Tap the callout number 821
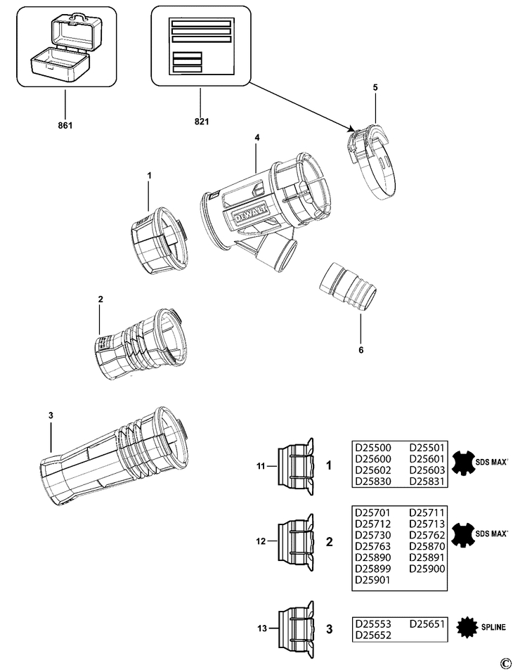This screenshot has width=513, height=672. (201, 121)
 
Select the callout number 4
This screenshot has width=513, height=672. (257, 138)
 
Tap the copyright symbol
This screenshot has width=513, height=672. (504, 663)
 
